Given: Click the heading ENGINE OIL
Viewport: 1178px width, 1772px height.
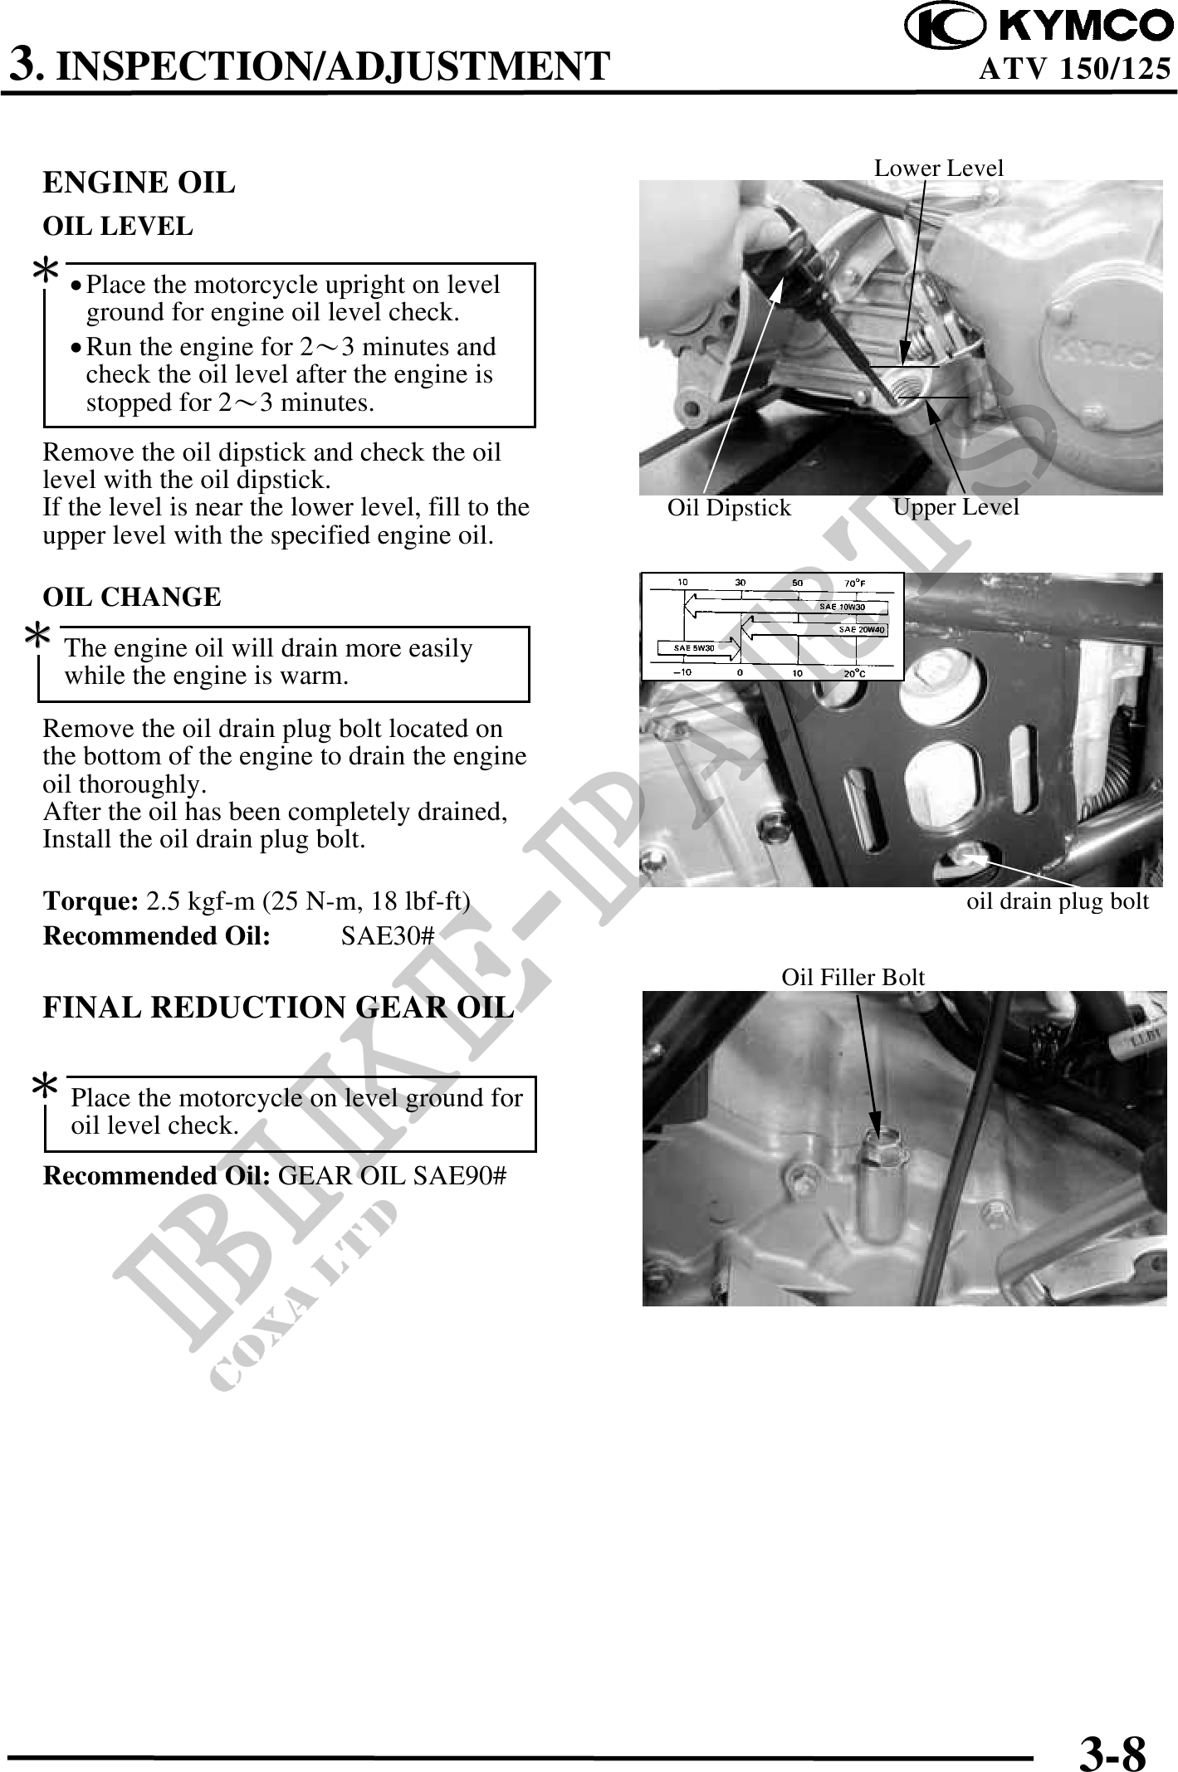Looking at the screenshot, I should coord(139,183).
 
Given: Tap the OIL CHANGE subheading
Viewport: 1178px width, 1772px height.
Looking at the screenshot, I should coord(132,597).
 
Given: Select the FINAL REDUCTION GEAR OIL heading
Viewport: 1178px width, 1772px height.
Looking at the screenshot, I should coord(278,1008).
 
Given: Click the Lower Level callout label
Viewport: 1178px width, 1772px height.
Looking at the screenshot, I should coord(938,168).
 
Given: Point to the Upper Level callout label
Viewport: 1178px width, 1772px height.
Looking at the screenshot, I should coord(956,506).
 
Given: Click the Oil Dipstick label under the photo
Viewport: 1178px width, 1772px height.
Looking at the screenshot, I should coord(729,508).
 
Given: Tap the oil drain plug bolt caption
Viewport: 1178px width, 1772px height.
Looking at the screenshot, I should coord(1057,901).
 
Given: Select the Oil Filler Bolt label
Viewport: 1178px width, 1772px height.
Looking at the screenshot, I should coord(853,978).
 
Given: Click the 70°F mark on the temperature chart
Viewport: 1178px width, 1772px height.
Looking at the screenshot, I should coord(855,583).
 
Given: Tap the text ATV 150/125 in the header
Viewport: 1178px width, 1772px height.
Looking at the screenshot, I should coord(1074,69).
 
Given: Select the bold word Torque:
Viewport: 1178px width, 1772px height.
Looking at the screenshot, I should coord(90,901).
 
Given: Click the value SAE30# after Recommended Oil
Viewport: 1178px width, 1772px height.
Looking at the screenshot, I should coord(388,936).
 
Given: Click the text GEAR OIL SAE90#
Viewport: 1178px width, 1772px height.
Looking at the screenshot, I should coord(392,1177).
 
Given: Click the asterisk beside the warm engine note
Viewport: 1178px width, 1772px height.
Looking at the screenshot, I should coord(37,637).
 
